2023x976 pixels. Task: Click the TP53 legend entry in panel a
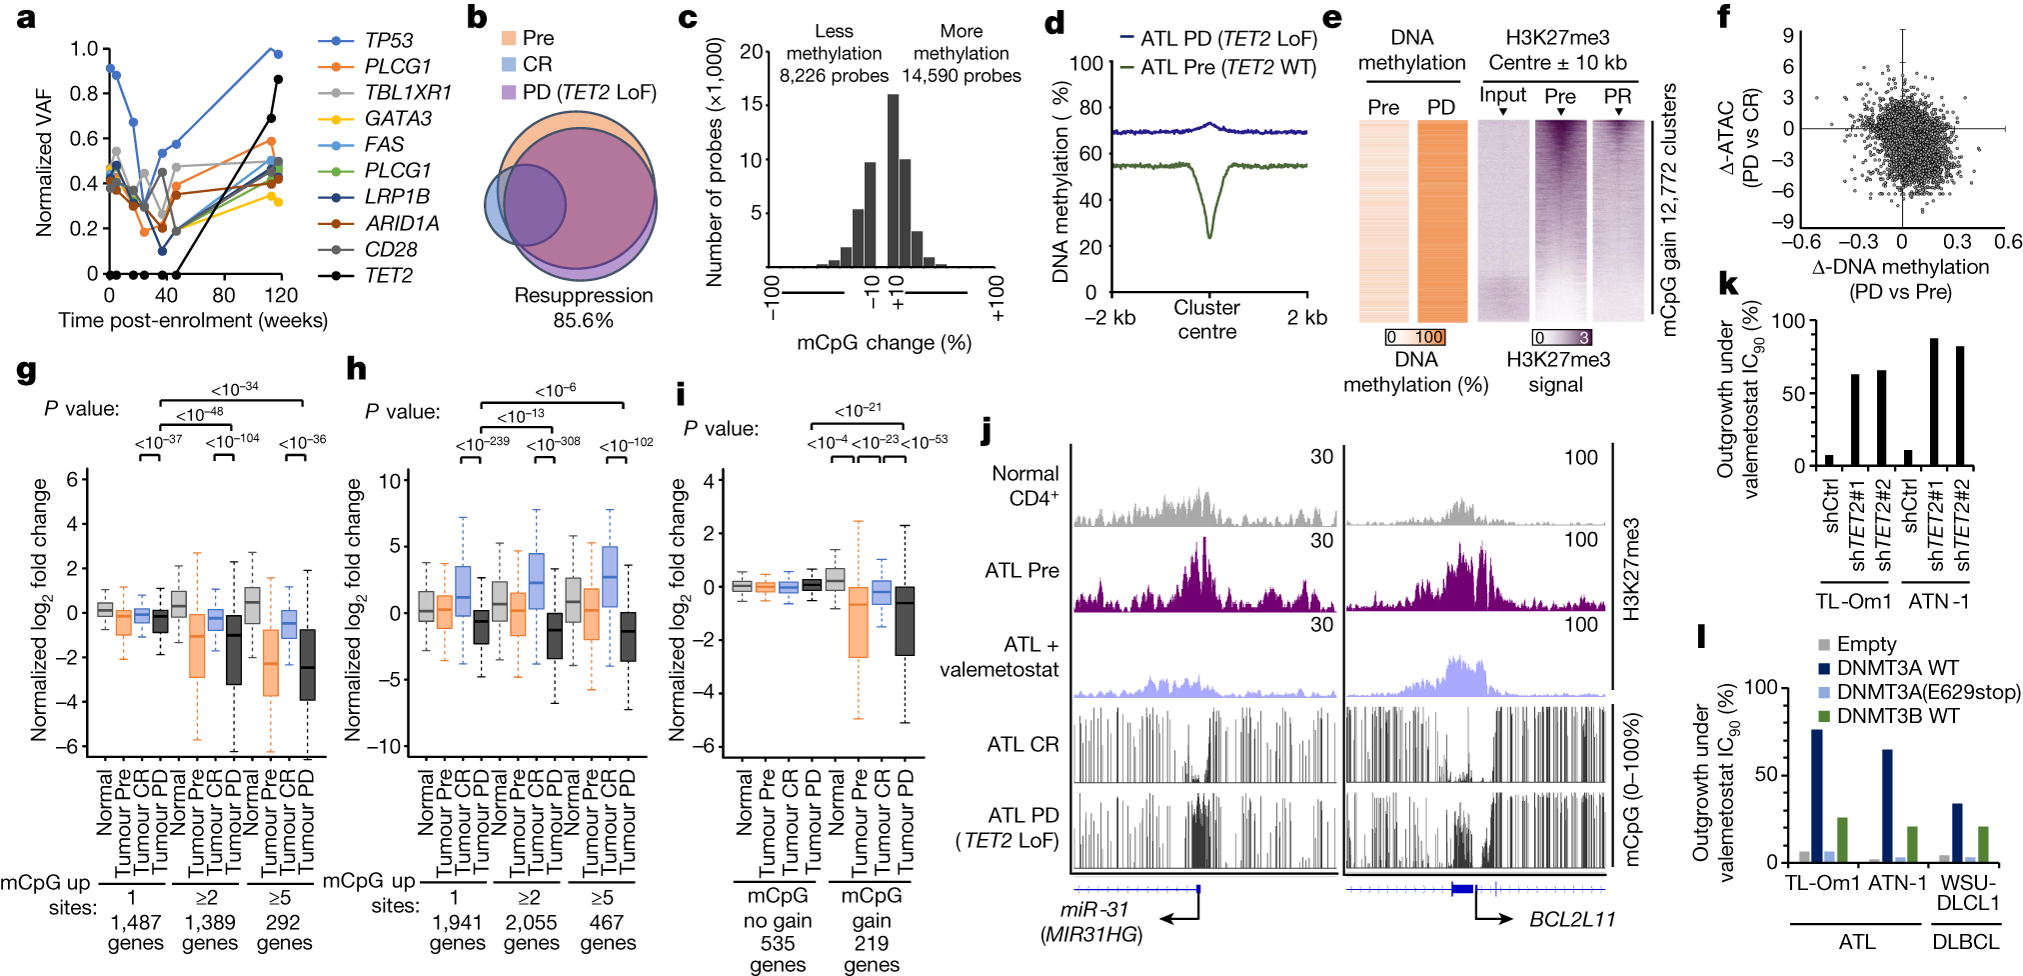tap(388, 40)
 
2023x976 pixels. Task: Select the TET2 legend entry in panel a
tap(388, 275)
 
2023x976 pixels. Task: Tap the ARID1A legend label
tap(402, 223)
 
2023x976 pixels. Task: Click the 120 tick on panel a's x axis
tap(281, 295)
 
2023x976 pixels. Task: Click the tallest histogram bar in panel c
tap(893, 180)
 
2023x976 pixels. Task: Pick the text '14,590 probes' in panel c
tap(962, 76)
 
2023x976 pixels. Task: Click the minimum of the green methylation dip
tap(1209, 235)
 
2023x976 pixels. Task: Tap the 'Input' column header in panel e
tap(1502, 95)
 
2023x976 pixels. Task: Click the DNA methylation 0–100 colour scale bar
tap(1415, 337)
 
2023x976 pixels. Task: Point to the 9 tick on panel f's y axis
tap(1787, 36)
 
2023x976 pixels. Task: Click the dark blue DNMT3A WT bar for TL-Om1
tap(1816, 795)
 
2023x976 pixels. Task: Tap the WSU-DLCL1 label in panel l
tap(1968, 892)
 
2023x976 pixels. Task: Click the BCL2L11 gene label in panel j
tap(1572, 919)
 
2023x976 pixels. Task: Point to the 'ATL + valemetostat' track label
tap(1000, 657)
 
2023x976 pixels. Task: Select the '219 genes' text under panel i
tap(872, 953)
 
